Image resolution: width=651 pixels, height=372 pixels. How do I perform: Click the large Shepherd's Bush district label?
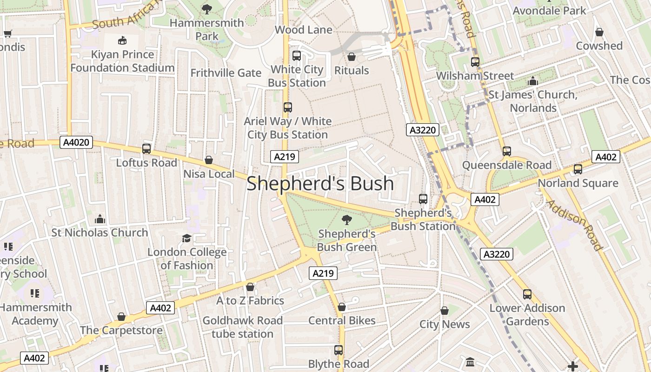click(320, 184)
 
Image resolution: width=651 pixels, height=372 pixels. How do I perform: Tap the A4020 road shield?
click(76, 142)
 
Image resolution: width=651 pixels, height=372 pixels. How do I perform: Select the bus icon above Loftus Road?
click(146, 149)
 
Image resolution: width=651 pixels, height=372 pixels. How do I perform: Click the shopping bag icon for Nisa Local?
click(209, 160)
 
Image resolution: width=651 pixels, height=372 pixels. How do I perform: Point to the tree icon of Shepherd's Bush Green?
click(346, 220)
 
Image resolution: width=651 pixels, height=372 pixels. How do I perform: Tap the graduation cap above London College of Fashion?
click(186, 239)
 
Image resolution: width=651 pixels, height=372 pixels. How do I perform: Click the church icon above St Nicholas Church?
click(100, 219)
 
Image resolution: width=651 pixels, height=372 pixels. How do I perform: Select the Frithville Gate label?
click(226, 73)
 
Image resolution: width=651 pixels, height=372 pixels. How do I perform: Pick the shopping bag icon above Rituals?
click(352, 57)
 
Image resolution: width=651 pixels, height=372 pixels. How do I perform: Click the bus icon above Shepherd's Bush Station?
click(423, 199)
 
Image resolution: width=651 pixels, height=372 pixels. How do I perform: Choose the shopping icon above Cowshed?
click(599, 32)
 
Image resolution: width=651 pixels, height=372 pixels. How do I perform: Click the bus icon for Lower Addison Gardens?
click(527, 294)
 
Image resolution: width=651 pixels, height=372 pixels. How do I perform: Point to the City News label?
click(445, 324)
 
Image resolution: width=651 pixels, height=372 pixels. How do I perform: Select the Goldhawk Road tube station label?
click(242, 327)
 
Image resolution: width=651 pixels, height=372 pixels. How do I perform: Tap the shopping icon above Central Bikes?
click(342, 307)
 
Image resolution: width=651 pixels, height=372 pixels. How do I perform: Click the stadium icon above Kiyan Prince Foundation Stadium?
click(122, 41)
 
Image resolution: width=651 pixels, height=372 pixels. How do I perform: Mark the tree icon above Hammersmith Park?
click(207, 9)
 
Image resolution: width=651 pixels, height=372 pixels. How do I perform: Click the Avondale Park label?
click(549, 10)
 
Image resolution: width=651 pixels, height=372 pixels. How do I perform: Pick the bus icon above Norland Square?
click(578, 169)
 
